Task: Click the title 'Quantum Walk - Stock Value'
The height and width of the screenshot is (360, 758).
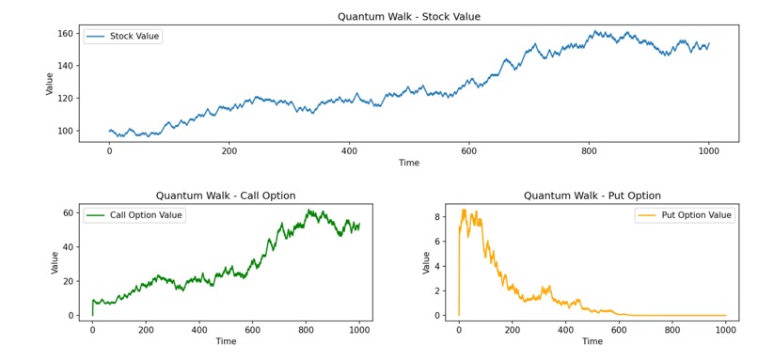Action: click(408, 16)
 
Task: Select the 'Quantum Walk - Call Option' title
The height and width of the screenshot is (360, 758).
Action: click(226, 196)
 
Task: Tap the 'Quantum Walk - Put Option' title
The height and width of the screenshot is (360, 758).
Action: click(592, 196)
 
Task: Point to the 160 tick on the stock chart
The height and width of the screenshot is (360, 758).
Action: click(66, 33)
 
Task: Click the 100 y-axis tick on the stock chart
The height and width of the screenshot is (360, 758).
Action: click(66, 131)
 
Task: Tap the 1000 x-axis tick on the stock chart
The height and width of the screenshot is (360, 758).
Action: click(708, 150)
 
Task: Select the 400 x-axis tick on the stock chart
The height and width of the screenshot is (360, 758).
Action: click(349, 150)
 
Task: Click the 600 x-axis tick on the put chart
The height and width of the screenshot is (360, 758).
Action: click(619, 330)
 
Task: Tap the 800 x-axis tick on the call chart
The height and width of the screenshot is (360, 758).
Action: click(306, 330)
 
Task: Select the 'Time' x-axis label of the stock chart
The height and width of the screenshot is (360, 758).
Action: click(408, 163)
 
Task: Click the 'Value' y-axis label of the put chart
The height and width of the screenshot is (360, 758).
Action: click(426, 262)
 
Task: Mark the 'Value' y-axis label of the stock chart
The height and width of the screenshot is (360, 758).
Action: click(51, 84)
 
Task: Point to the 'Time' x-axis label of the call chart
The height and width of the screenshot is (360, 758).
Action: click(226, 342)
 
